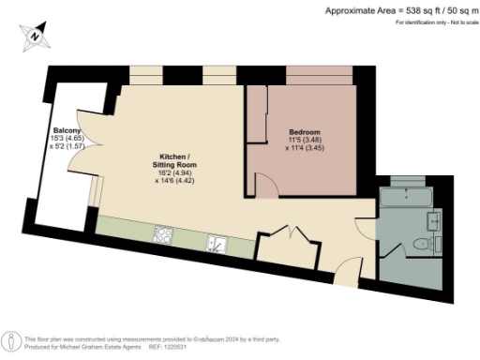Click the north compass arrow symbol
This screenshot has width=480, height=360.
(35, 35)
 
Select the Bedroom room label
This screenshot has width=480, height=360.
(305, 131)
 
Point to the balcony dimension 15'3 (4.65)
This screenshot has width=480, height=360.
(67, 139)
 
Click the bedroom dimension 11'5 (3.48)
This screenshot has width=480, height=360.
(305, 140)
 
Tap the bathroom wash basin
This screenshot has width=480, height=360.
(434, 221)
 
